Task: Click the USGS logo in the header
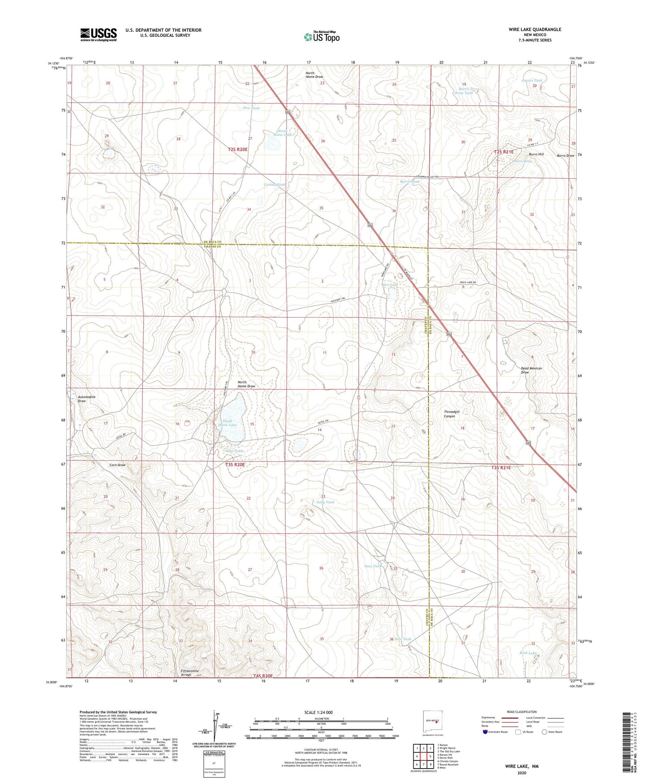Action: click(x=99, y=34)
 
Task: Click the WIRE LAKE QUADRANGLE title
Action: click(x=535, y=30)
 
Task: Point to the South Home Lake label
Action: click(x=227, y=422)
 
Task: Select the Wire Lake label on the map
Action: click(x=389, y=285)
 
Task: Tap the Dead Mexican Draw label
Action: click(x=531, y=370)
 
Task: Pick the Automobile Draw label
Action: click(x=86, y=399)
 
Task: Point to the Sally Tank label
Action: click(x=325, y=502)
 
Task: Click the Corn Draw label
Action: click(x=117, y=465)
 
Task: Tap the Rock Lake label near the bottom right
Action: click(x=528, y=653)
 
